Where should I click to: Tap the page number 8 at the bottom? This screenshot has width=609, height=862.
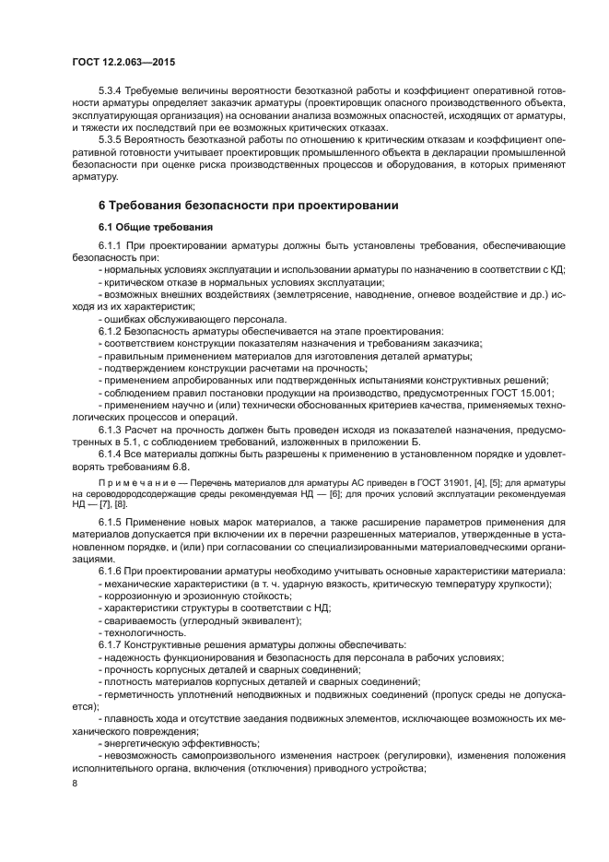pyautogui.click(x=75, y=783)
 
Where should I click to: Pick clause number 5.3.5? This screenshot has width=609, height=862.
pyautogui.click(x=111, y=139)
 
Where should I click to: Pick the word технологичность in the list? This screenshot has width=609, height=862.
pyautogui.click(x=146, y=632)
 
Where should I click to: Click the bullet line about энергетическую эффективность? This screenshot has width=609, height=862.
pyautogui.click(x=179, y=742)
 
